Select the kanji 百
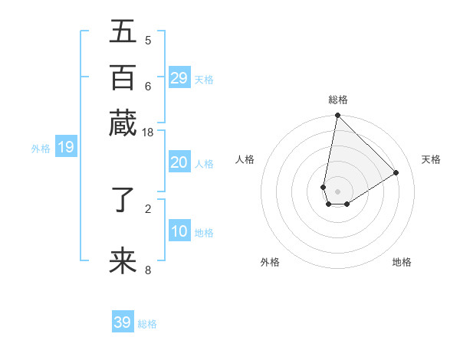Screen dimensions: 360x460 123,77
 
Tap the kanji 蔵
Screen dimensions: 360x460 123,123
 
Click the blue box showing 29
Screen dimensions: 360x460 179,77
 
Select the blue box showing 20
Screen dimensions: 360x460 179,162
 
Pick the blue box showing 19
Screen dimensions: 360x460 66,147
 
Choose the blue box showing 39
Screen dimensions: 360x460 123,322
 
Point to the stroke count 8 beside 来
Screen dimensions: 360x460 147,270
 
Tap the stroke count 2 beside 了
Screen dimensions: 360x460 147,208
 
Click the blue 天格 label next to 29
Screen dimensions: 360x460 204,80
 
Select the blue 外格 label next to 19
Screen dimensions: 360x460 41,149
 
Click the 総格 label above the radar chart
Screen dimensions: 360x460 338,100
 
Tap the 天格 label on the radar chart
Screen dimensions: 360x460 432,159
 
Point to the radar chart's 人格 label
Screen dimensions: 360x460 245,159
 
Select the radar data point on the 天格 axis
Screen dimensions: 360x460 396,173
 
